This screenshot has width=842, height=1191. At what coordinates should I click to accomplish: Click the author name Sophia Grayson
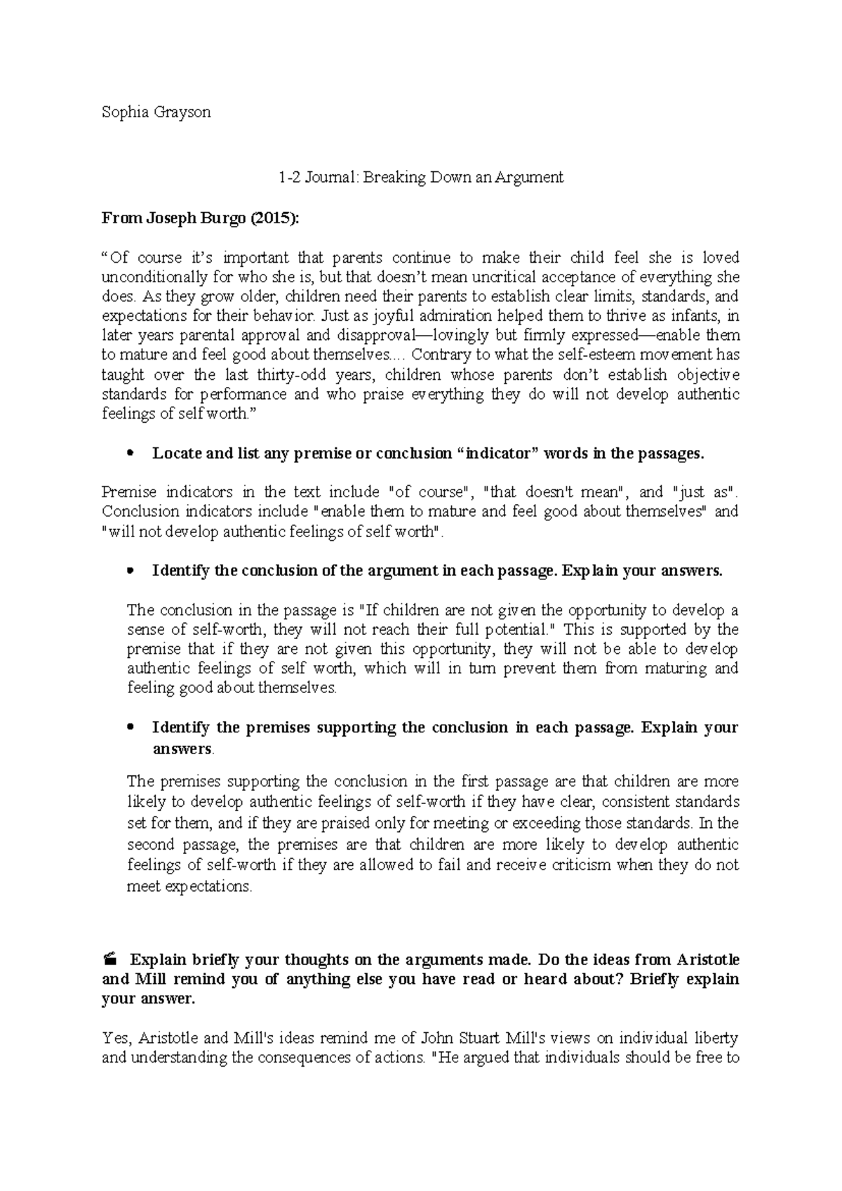[156, 112]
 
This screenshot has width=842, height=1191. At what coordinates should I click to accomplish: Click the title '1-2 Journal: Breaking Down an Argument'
[420, 178]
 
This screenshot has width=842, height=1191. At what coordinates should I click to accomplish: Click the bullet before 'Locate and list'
[128, 454]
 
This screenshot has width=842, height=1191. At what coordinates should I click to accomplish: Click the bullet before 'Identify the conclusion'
[128, 571]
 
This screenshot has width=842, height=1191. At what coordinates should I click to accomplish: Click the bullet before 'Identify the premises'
[128, 728]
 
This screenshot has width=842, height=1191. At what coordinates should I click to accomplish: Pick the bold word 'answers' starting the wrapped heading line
[182, 749]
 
